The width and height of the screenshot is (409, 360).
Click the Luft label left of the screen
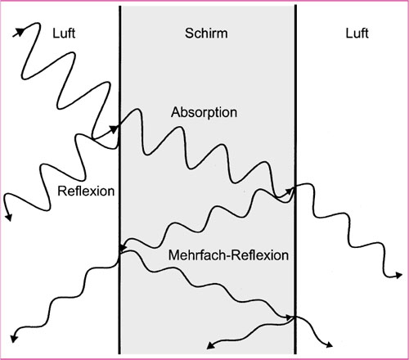64,34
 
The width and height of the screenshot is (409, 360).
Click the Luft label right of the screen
357,34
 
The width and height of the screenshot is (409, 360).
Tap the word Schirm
206,34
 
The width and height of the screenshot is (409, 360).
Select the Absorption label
204,112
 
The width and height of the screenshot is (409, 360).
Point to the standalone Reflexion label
86,191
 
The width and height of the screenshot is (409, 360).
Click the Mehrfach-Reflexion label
228,255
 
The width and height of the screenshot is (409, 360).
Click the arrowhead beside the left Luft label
19,32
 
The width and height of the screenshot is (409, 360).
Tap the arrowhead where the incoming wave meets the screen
114,128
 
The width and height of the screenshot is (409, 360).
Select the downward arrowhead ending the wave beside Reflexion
9,217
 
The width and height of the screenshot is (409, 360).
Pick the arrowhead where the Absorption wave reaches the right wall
289,191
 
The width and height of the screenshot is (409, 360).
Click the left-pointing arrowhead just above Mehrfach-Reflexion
124,247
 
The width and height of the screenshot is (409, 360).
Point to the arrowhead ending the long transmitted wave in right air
398,276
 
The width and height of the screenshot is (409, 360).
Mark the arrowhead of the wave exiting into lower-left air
14,338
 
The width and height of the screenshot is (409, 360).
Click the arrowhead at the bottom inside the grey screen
210,345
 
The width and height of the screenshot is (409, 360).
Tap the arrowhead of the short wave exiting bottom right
329,344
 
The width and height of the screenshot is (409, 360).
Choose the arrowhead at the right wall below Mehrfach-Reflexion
289,317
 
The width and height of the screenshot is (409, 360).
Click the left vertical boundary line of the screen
119,180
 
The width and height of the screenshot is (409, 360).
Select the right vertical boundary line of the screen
295,180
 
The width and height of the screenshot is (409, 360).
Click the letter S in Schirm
189,34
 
